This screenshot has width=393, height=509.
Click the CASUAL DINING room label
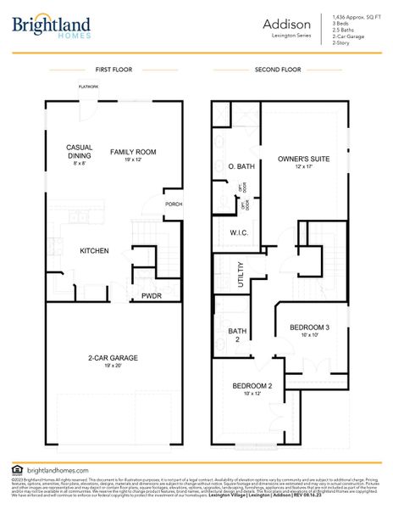tap(79, 150)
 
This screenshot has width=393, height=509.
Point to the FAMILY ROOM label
tap(133, 152)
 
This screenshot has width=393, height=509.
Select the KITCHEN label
tap(94, 251)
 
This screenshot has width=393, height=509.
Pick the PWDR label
tap(152, 296)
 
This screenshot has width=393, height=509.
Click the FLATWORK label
tap(89, 87)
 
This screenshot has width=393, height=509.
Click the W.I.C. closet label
tap(238, 232)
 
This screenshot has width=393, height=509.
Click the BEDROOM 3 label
tap(309, 327)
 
